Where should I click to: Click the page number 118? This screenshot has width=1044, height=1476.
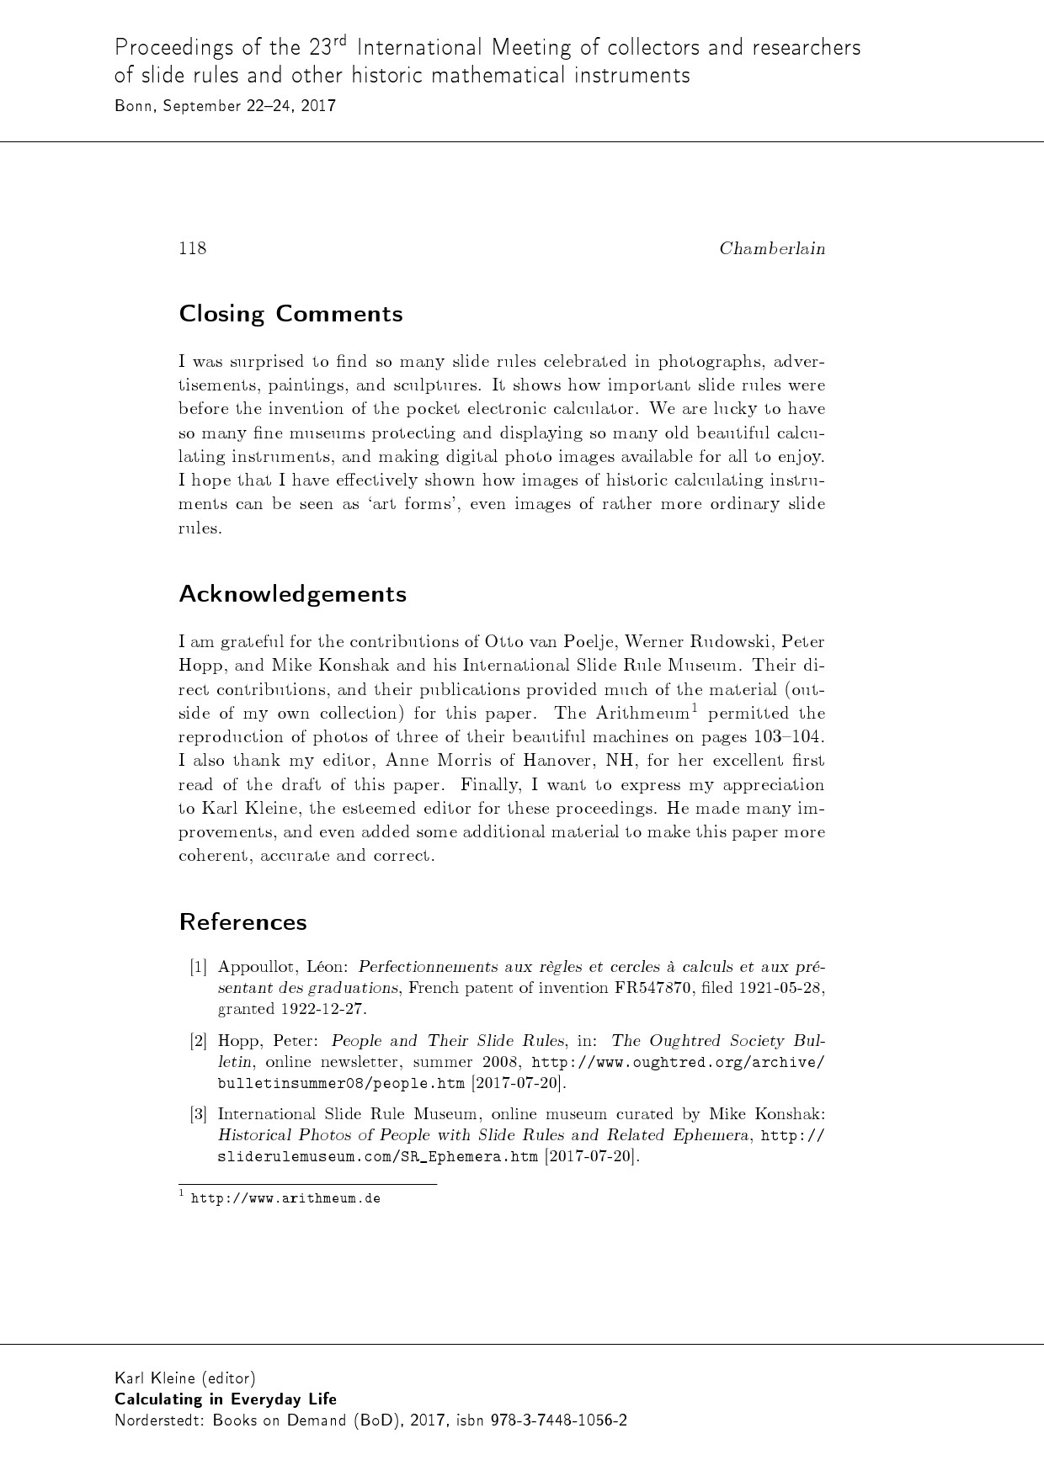tap(193, 248)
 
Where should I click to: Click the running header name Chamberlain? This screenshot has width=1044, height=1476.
tap(772, 248)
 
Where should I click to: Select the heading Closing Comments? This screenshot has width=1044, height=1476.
tap(290, 314)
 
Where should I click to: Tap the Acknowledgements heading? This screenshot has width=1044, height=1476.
tap(292, 594)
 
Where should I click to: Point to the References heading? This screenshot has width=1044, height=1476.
tap(242, 922)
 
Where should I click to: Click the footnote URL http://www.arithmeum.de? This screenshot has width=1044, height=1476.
tap(285, 1198)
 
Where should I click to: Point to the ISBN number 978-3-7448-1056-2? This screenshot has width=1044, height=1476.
tap(558, 1420)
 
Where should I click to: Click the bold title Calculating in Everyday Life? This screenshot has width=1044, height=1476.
tap(226, 1399)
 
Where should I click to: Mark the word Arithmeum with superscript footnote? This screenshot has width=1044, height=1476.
tap(642, 714)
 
